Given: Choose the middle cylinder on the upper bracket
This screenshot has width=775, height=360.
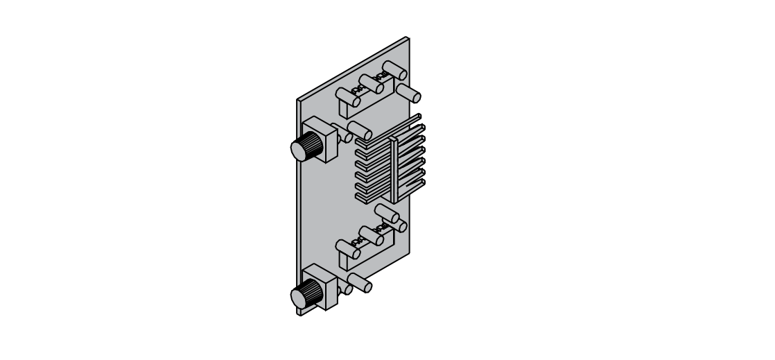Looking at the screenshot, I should pos(371,85).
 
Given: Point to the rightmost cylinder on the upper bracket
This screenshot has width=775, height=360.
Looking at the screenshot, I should pos(394,70).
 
